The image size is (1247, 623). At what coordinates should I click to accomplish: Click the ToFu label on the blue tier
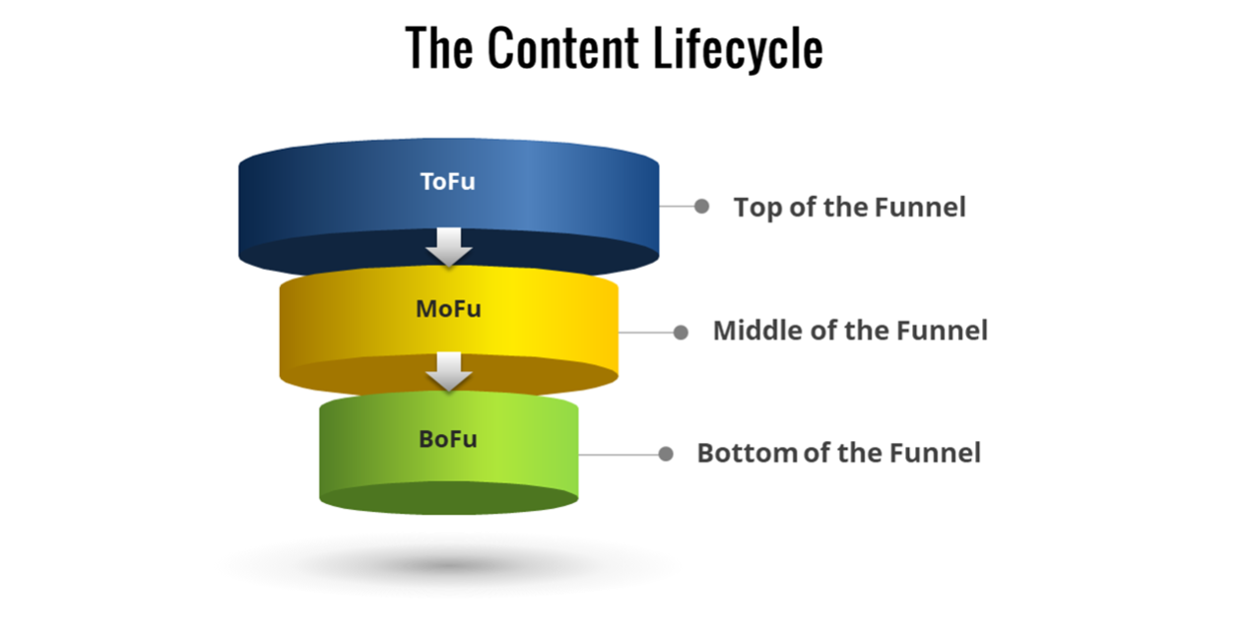point(447,182)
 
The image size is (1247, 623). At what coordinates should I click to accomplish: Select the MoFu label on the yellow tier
point(448,308)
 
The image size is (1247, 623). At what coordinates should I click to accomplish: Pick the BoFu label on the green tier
point(448,438)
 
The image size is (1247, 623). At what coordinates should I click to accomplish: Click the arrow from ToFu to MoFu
point(449,247)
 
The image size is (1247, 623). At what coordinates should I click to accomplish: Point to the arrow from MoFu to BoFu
point(449,372)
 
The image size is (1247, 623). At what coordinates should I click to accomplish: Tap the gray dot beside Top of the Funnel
point(701,207)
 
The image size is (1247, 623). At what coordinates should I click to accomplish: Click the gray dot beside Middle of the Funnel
point(681,332)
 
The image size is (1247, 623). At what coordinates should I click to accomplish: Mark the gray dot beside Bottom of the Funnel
point(666,454)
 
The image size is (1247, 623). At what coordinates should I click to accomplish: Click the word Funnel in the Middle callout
point(942,331)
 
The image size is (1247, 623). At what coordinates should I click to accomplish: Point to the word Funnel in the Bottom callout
point(935,453)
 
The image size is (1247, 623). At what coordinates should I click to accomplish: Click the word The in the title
point(439,48)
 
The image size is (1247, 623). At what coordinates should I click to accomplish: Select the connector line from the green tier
point(621,454)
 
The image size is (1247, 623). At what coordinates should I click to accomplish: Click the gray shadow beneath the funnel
point(448,566)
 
